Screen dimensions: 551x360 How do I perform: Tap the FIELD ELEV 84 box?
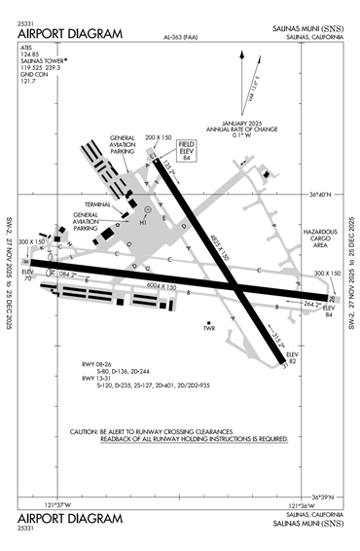pyautogui.click(x=186, y=151)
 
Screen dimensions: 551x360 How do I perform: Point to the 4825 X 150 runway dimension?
pyautogui.click(x=225, y=243)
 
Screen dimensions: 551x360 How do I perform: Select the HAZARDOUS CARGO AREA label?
pyautogui.click(x=321, y=239)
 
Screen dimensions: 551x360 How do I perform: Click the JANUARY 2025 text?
pyautogui.click(x=229, y=123)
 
